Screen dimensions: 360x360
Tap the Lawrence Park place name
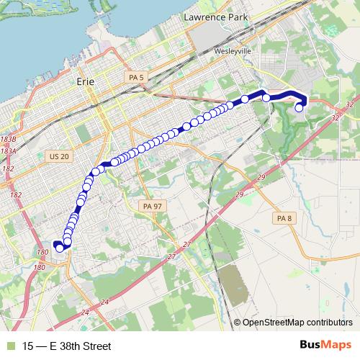coord(215,16)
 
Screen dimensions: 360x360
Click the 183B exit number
coord(8,138)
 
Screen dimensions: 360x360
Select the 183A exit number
coord(8,151)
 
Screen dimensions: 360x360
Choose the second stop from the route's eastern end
coord(266,98)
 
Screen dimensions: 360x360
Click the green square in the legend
coord(9,346)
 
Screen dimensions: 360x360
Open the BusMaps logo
coord(325,345)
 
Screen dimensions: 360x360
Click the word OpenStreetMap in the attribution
coord(273,322)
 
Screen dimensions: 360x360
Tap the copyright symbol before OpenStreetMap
coord(238,322)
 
